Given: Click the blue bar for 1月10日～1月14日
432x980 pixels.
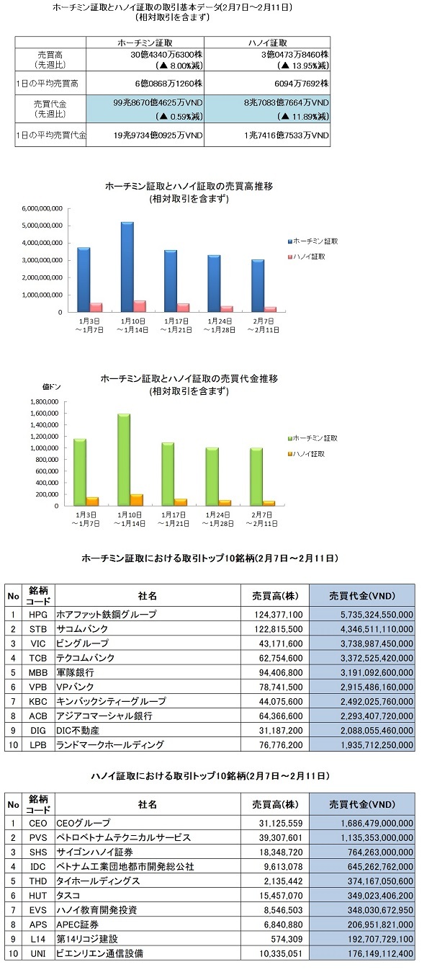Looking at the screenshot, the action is (x=127, y=267).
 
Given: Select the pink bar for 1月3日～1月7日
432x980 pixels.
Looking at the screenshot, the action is (x=96, y=308).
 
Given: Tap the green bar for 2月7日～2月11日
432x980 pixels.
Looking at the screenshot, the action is (x=256, y=477).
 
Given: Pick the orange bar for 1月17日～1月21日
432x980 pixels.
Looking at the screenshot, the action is (x=181, y=502).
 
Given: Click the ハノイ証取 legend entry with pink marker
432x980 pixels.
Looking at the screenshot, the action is (x=307, y=257).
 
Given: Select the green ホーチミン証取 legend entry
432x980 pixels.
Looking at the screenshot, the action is (x=312, y=438).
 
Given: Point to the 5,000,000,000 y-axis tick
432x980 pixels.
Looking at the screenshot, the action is (x=42, y=226).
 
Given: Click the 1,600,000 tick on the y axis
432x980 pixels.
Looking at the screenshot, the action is (x=44, y=413).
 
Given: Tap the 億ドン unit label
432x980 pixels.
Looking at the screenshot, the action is (x=51, y=387).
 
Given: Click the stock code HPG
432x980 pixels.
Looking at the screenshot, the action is (x=38, y=614).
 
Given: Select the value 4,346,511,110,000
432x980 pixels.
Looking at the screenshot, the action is (x=377, y=628).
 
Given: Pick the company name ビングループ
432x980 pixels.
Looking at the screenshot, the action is (x=82, y=643).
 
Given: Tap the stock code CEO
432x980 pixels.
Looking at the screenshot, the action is (x=38, y=823).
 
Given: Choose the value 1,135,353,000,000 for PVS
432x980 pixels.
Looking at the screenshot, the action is (x=377, y=837).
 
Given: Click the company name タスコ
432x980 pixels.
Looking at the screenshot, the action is (x=68, y=895).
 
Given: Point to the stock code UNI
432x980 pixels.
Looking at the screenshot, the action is (x=38, y=953).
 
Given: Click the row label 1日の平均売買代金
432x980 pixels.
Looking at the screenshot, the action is (x=50, y=135).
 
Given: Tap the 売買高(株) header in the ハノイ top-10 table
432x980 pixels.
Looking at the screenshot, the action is (x=275, y=804).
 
